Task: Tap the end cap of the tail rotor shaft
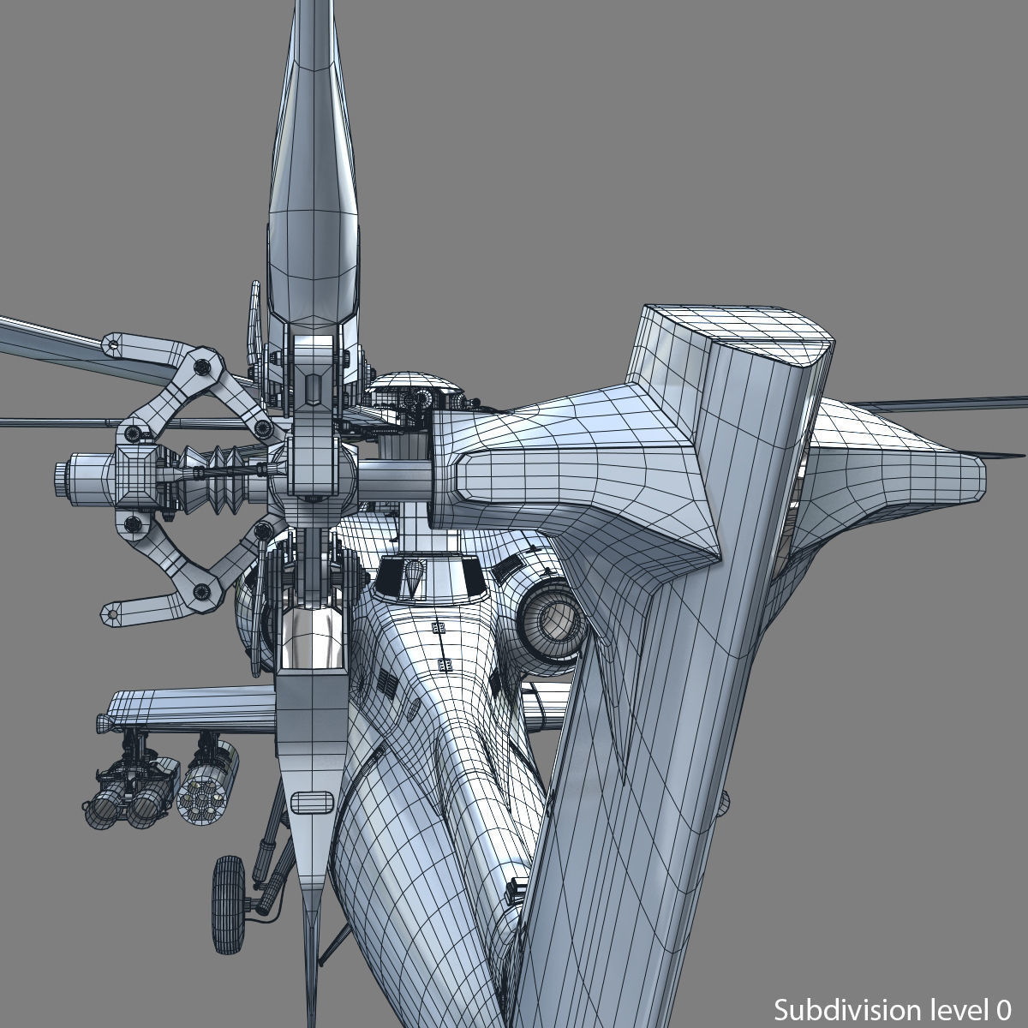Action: pyautogui.click(x=62, y=470)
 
